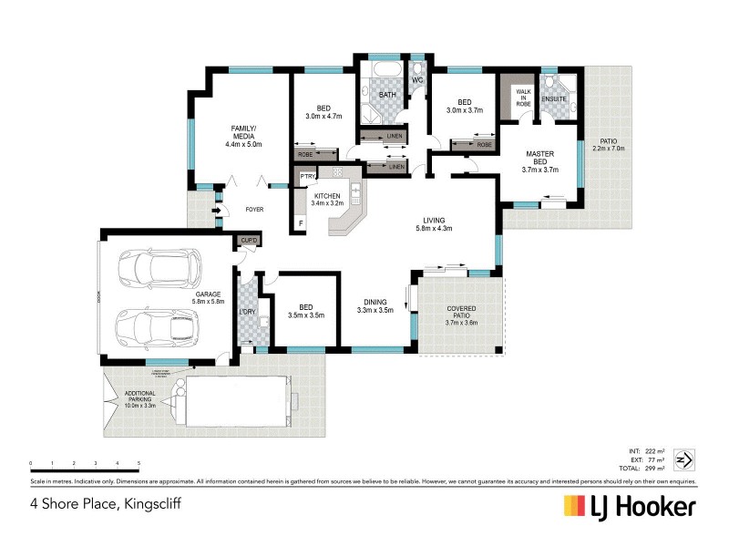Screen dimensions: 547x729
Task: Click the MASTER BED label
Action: (539, 157)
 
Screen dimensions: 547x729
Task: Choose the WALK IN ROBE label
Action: (523, 98)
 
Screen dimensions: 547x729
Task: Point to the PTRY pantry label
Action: (308, 177)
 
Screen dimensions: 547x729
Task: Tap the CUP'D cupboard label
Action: (249, 240)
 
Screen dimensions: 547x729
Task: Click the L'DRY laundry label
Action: (247, 312)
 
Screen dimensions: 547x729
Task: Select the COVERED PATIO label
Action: (461, 315)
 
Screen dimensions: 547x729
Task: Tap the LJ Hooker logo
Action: (630, 506)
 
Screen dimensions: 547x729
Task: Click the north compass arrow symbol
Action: (689, 458)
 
